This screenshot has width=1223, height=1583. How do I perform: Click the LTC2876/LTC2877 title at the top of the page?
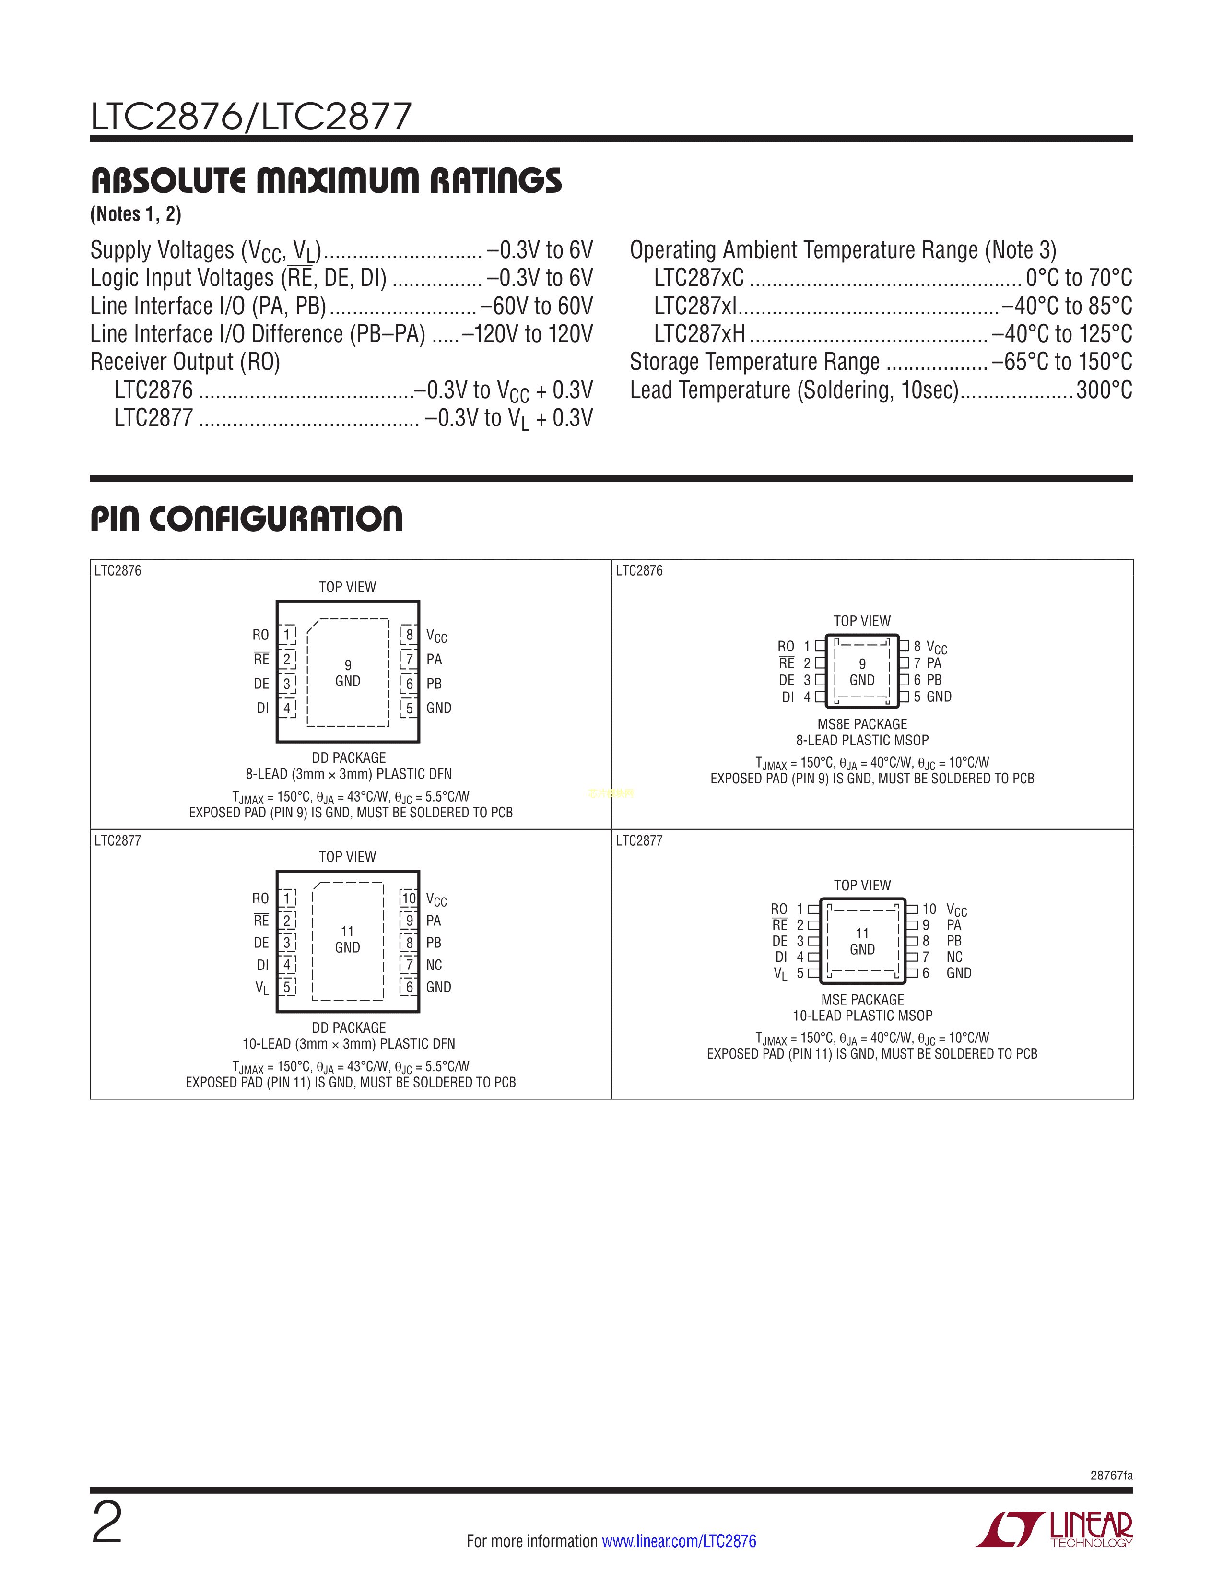click(x=251, y=116)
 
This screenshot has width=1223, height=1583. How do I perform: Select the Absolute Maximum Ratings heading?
click(x=326, y=180)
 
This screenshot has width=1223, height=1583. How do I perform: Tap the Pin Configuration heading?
click(x=247, y=519)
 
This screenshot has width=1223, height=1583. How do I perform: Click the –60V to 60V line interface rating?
click(x=536, y=306)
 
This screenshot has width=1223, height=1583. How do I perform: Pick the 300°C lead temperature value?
click(x=1104, y=390)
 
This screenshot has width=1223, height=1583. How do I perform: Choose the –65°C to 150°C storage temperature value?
click(x=1061, y=362)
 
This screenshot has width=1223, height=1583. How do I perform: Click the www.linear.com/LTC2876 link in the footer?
click(x=679, y=1541)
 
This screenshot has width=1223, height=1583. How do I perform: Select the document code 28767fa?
click(x=1111, y=1475)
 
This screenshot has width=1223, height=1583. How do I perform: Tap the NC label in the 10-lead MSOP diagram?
click(x=954, y=957)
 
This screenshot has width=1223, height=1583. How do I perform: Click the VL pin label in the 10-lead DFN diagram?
click(x=261, y=987)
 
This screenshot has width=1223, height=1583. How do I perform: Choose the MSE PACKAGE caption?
click(x=862, y=1000)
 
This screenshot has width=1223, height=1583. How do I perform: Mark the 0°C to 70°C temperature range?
click(x=1079, y=278)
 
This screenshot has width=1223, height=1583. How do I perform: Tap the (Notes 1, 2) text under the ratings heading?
click(x=135, y=214)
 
